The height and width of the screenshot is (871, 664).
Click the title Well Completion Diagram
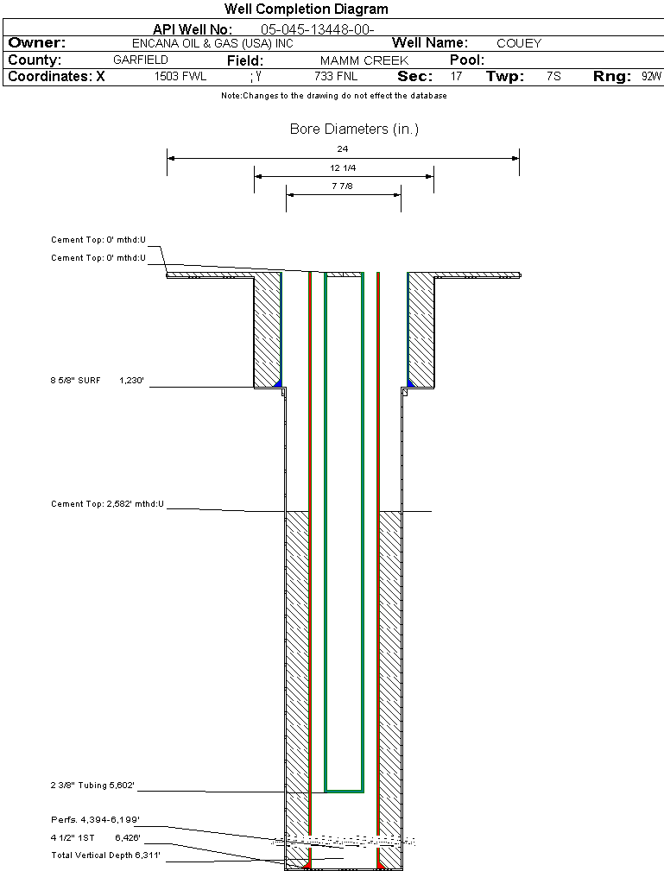[x=306, y=9]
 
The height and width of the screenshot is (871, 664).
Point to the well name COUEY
[x=518, y=43]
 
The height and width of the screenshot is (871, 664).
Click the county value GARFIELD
[x=140, y=60]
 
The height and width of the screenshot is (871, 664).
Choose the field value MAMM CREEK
[x=364, y=61]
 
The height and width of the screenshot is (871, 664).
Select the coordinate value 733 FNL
[x=335, y=77]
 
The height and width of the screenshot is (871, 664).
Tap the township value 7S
[x=553, y=77]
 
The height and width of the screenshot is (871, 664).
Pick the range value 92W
[x=651, y=77]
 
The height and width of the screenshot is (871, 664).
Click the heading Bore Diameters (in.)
[x=354, y=129]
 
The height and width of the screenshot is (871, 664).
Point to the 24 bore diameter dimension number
[x=343, y=149]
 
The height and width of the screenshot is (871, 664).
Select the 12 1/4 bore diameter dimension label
[x=343, y=167]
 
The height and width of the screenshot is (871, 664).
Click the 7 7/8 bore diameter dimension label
[x=343, y=186]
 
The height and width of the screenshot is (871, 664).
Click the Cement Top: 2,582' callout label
[x=107, y=503]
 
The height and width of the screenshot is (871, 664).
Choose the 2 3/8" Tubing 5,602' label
[x=92, y=786]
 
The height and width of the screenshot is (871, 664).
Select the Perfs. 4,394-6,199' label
[x=95, y=819]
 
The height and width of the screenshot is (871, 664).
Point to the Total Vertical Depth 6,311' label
[x=106, y=855]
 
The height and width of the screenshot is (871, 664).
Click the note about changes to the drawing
[x=333, y=96]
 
